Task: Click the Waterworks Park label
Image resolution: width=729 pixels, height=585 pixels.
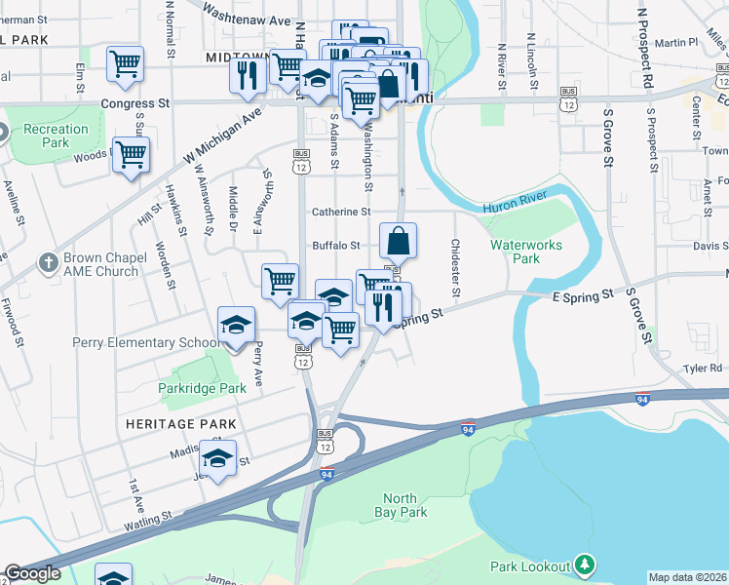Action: tap(526, 252)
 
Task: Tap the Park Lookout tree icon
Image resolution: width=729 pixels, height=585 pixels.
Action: tap(584, 564)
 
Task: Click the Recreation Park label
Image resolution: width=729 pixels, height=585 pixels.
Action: tap(56, 136)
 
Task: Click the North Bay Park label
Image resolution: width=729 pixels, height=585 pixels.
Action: tap(401, 504)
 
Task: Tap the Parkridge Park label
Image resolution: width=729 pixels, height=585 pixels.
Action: tap(203, 388)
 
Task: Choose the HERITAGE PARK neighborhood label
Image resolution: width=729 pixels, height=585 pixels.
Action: tap(181, 424)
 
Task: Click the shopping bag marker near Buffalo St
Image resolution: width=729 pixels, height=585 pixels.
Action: tap(398, 240)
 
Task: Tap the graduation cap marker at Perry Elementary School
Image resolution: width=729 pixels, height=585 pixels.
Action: tap(235, 325)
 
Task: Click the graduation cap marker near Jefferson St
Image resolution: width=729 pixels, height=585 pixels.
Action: tap(217, 457)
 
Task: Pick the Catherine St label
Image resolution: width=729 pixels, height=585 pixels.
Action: tap(341, 212)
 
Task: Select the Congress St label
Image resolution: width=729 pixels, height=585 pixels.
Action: tap(135, 103)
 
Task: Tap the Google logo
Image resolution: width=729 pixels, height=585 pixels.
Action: tap(32, 573)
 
